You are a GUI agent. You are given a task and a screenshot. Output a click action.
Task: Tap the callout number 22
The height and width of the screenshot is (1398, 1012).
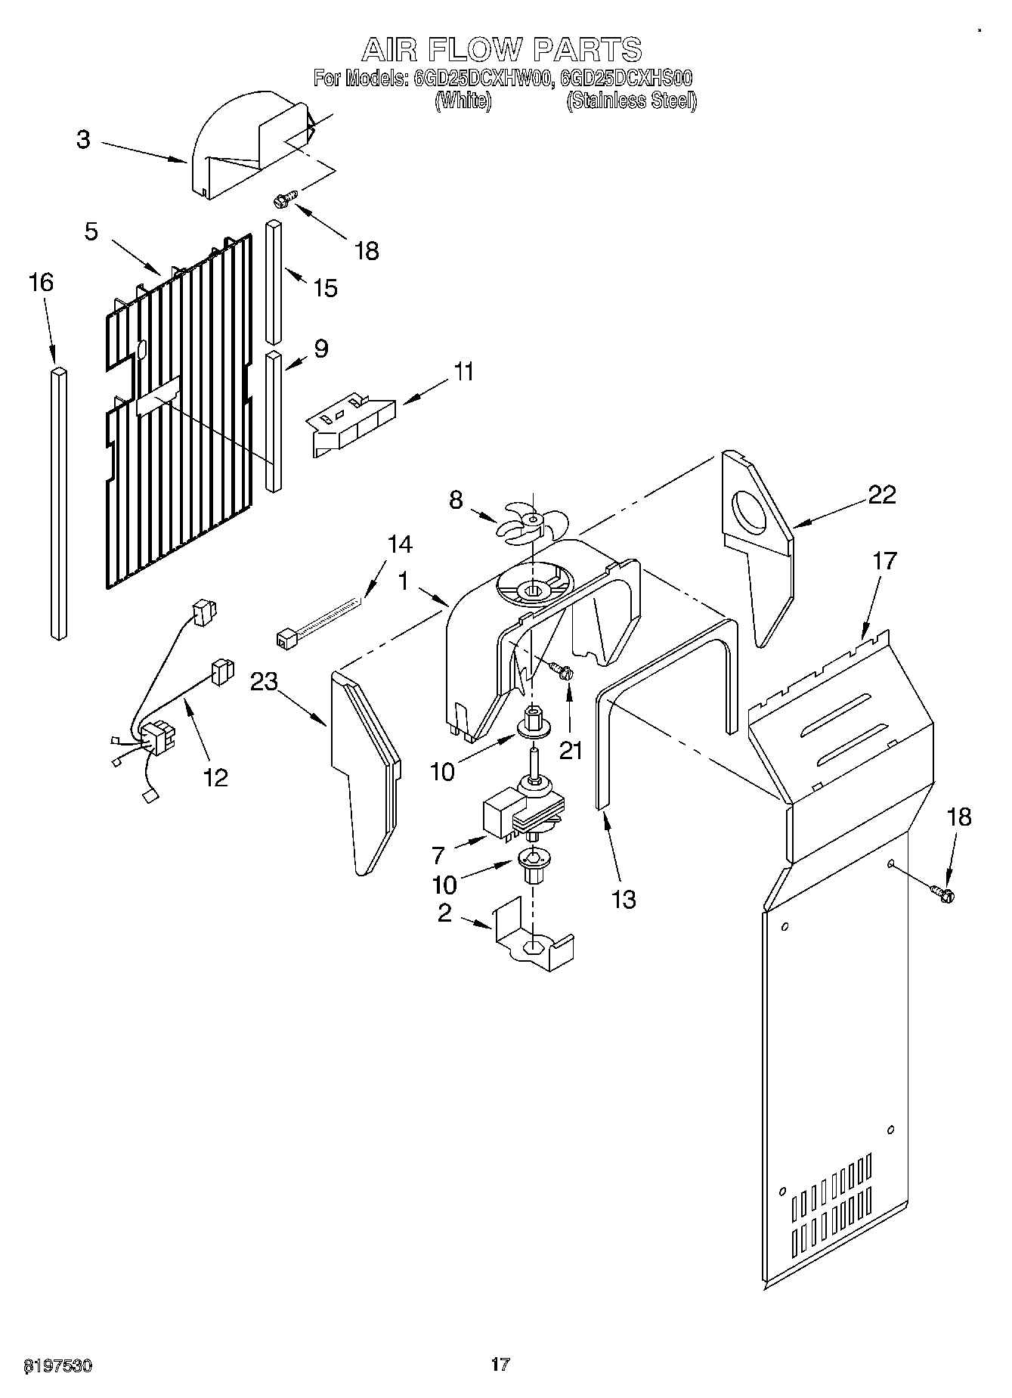point(882,494)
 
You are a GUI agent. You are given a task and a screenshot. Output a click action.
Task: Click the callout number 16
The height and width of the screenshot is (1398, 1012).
point(42,283)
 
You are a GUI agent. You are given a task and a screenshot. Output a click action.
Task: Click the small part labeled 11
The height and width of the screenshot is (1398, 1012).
point(351,423)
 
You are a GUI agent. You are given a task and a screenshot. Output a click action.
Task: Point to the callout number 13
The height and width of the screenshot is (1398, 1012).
point(624,900)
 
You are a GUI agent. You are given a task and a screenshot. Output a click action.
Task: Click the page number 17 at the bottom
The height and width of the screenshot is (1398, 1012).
point(500,1364)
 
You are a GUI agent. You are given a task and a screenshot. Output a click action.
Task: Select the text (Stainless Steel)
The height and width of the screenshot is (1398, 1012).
point(632,101)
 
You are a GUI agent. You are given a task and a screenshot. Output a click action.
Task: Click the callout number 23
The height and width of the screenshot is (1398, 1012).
point(265,681)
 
